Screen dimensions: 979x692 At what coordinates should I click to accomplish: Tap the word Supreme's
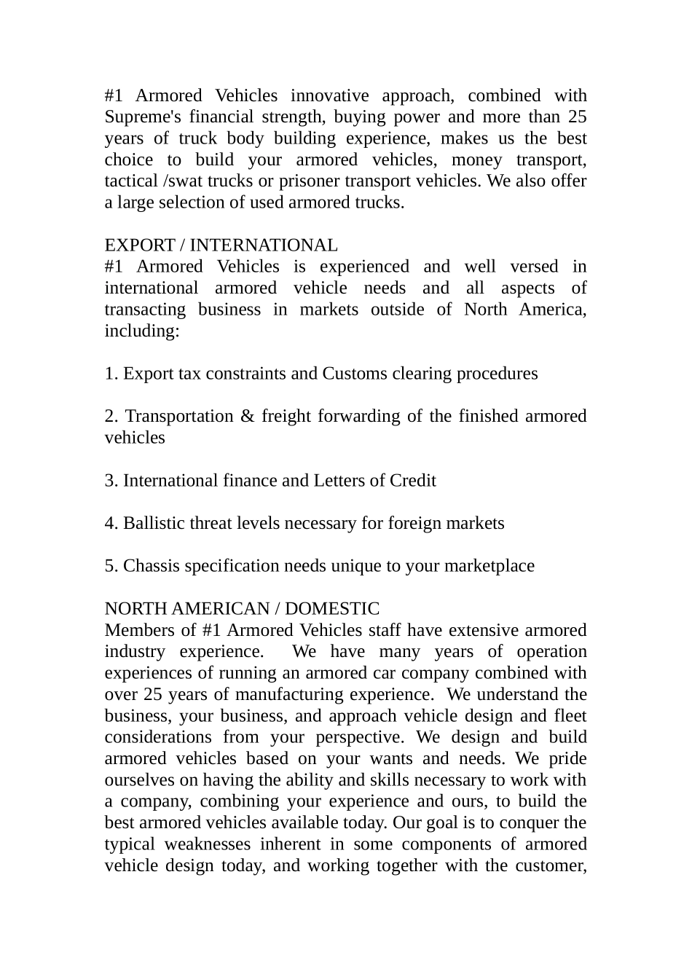[142, 117]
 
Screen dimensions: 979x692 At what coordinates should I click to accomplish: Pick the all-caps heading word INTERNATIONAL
[264, 245]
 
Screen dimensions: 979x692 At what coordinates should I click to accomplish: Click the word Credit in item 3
[413, 481]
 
